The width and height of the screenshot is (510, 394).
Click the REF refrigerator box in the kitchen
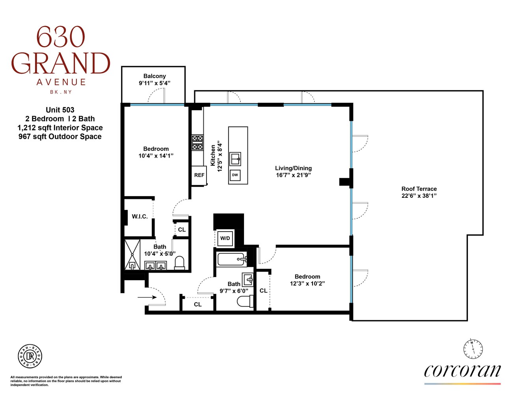click(x=199, y=175)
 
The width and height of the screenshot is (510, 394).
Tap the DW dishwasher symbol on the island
click(x=235, y=175)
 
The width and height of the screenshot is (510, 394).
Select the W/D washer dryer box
click(x=225, y=238)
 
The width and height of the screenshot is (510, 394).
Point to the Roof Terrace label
click(x=419, y=189)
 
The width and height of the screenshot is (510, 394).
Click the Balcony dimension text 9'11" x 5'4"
click(x=154, y=83)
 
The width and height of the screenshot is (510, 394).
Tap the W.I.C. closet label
click(x=140, y=217)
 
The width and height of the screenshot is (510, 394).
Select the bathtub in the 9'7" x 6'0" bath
click(x=232, y=259)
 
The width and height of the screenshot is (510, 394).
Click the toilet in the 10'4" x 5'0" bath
click(x=179, y=263)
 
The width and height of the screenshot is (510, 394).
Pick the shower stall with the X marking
click(x=132, y=254)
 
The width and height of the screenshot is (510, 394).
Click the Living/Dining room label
click(x=293, y=168)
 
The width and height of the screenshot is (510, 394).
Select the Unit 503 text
click(x=60, y=110)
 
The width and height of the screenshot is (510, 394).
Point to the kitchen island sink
click(x=236, y=159)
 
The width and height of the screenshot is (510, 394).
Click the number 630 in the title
click(x=60, y=37)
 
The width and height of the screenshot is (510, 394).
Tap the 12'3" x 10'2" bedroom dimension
click(x=307, y=284)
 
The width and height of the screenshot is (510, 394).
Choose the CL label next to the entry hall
click(x=198, y=305)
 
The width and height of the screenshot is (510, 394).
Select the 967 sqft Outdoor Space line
click(x=60, y=137)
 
